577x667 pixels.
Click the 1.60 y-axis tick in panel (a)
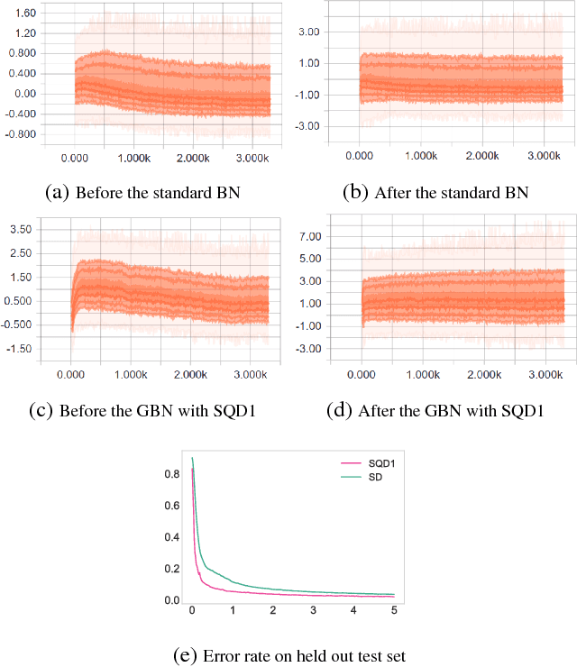(x=24, y=14)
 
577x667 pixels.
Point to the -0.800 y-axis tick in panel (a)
(x=22, y=134)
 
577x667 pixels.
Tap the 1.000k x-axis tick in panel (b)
(x=420, y=156)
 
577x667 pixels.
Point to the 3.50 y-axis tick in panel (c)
(x=21, y=230)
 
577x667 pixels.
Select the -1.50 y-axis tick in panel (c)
(x=19, y=348)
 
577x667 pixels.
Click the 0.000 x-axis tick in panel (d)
(x=361, y=374)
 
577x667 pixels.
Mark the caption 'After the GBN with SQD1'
(x=438, y=411)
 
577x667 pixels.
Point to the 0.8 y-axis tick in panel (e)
(x=175, y=474)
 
